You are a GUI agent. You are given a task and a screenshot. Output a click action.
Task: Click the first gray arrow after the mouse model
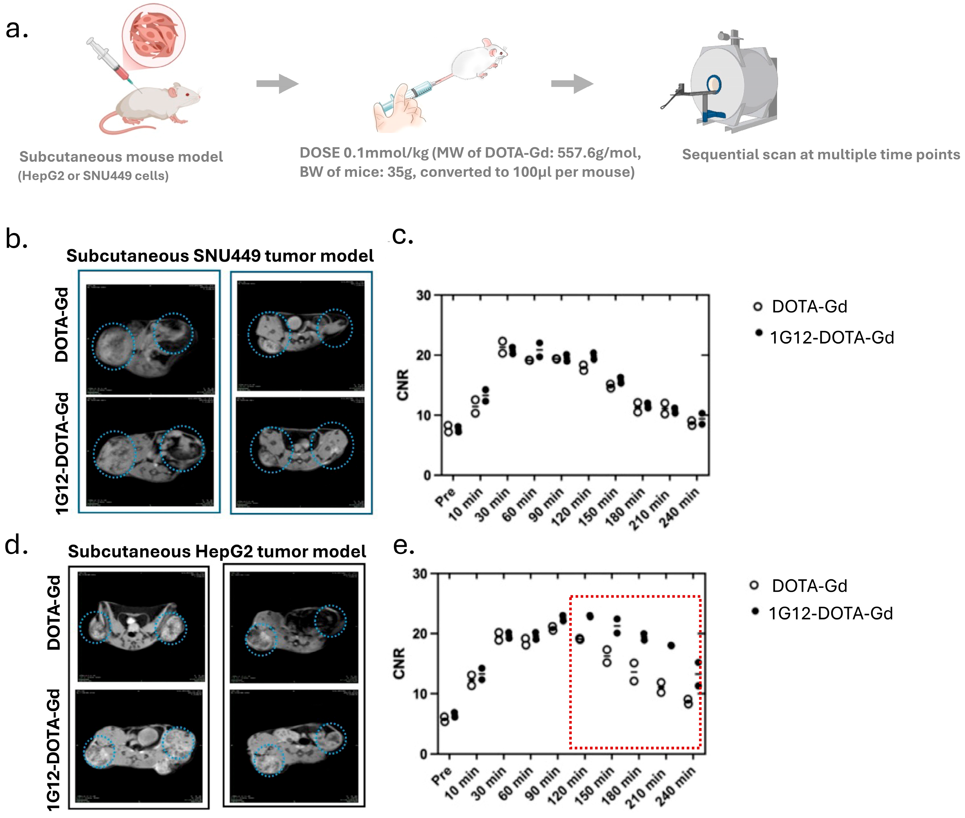[x=277, y=83]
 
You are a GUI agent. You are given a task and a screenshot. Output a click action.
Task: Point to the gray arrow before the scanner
[x=572, y=83]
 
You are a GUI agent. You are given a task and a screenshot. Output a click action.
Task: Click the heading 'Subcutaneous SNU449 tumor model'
[x=220, y=256]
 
